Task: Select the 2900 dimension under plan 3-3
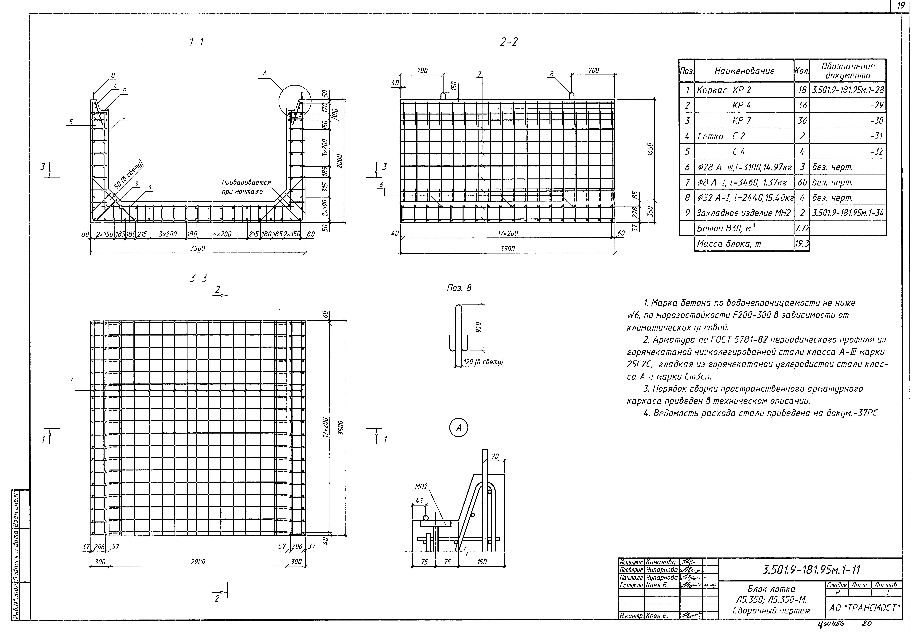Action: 198,561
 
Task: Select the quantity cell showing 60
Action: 802,182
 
